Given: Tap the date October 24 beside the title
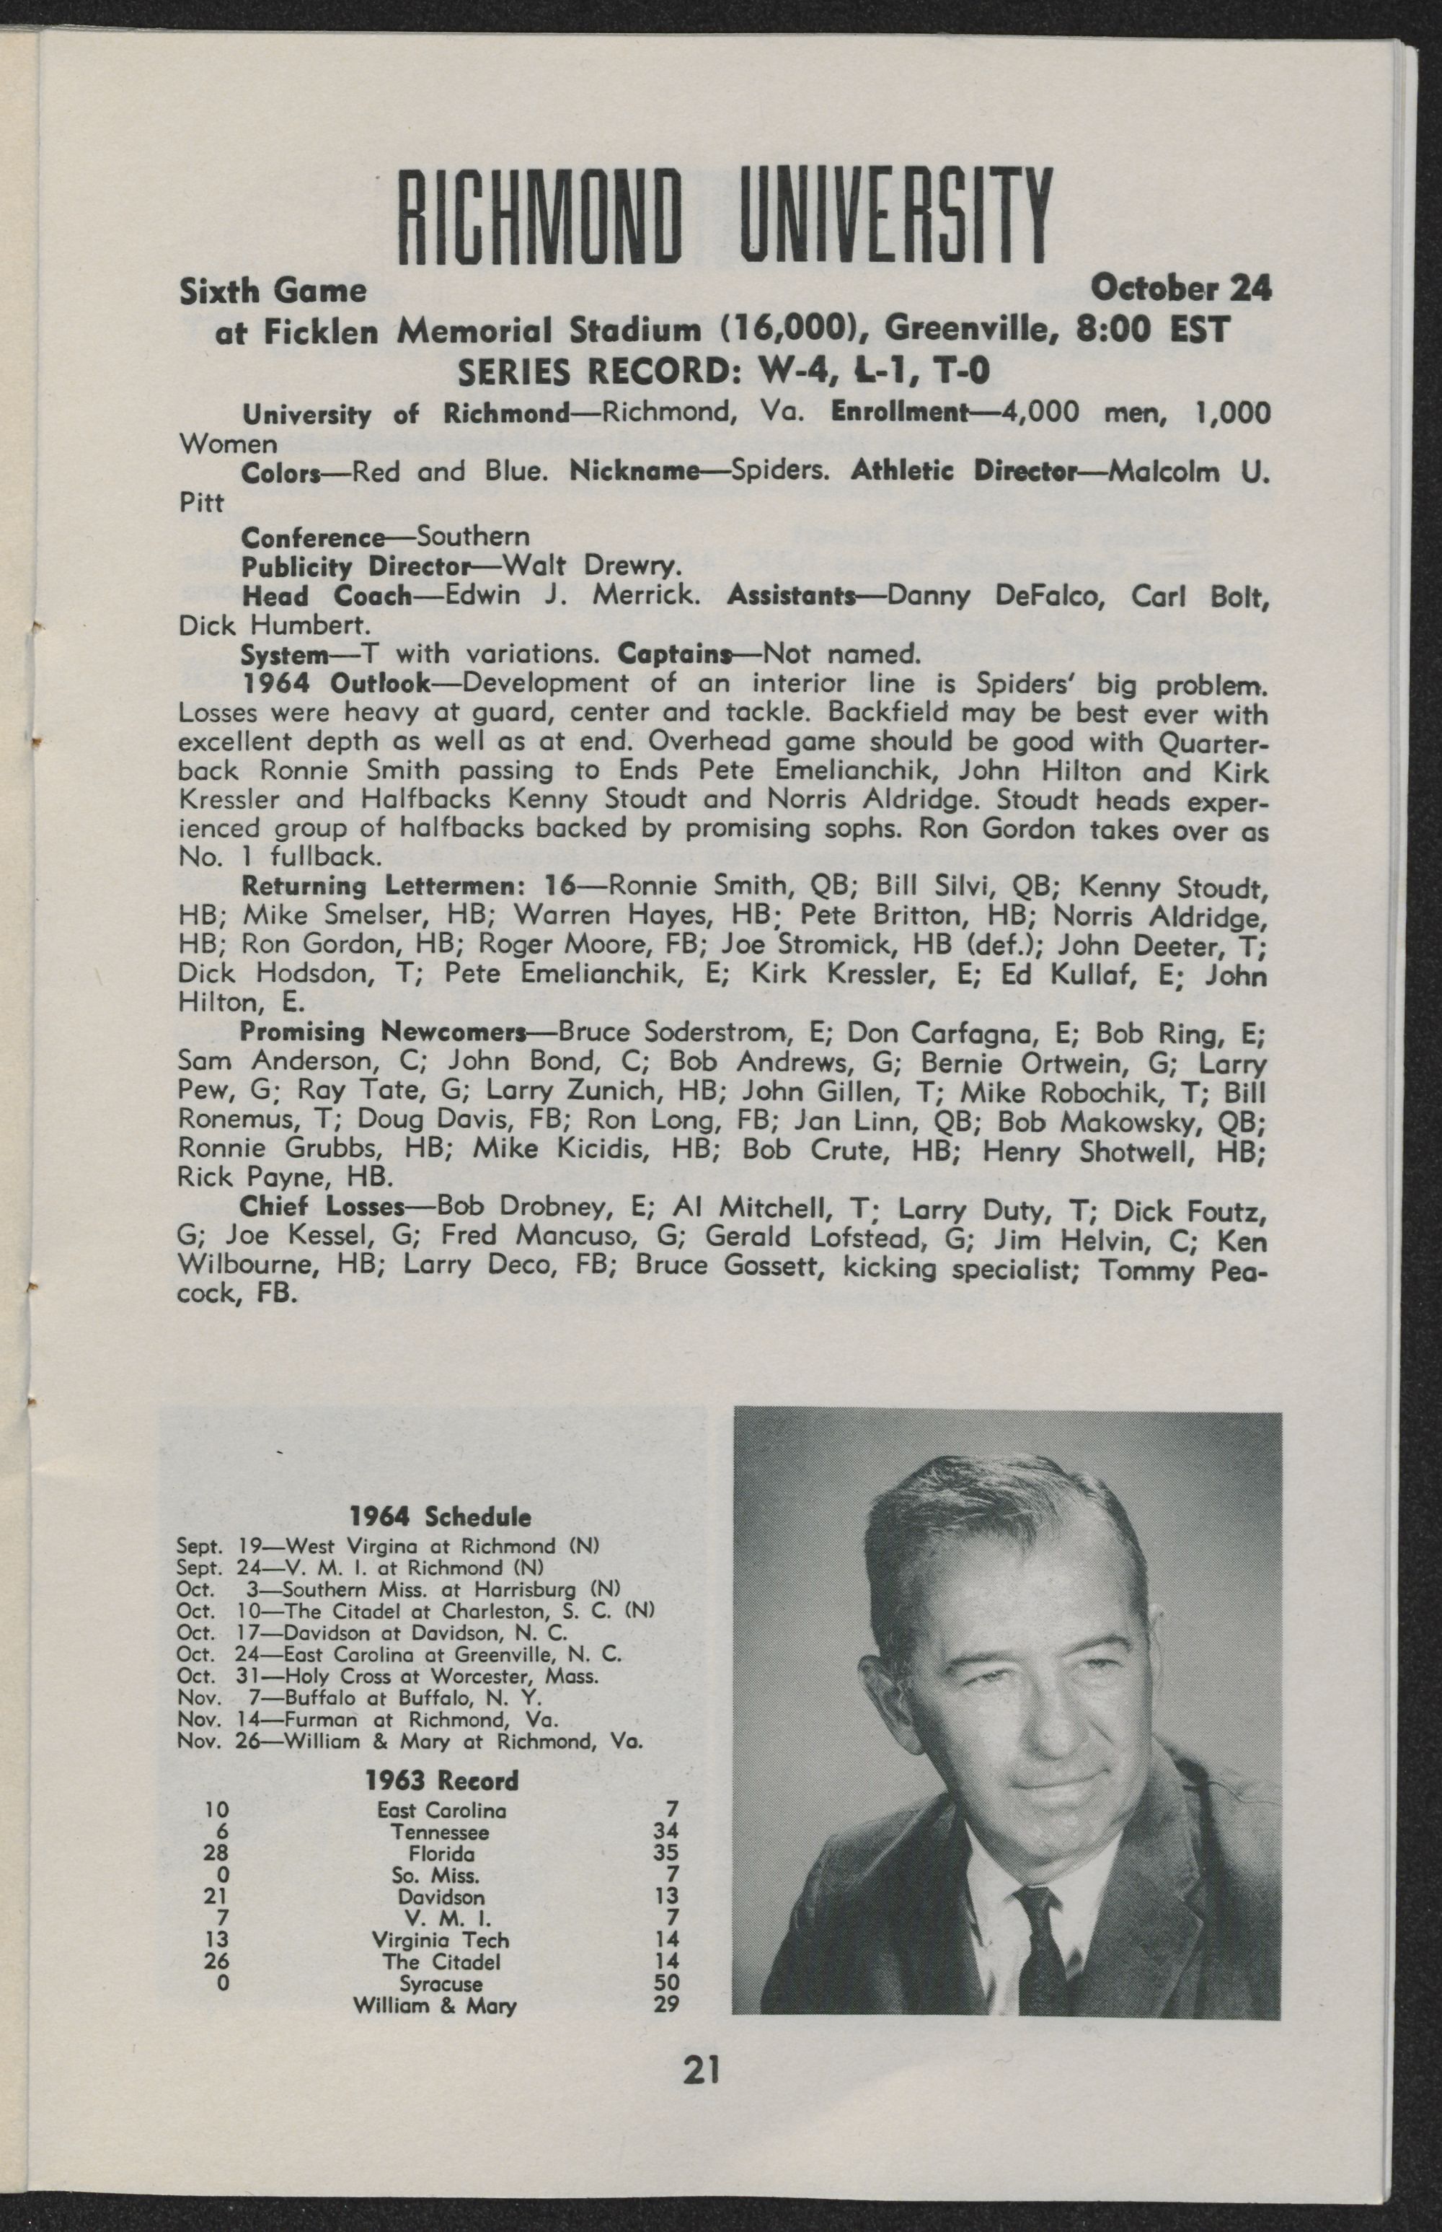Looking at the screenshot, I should (x=1181, y=289).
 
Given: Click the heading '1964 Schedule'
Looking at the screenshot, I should (x=440, y=1516).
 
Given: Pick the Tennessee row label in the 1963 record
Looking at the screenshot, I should (x=440, y=1832).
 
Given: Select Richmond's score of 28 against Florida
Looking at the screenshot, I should (x=216, y=1853).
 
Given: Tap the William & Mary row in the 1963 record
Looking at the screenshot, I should (x=435, y=2005).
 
